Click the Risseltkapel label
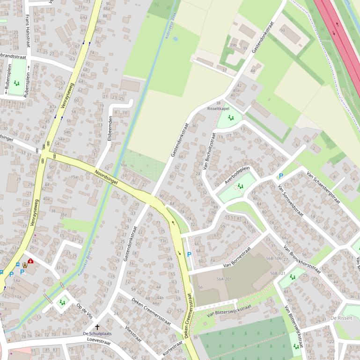218,108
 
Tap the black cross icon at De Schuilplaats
97,327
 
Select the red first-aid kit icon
30,261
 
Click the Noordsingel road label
106,178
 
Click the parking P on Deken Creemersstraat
189,254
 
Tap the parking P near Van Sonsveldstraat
281,176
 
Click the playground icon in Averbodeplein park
240,187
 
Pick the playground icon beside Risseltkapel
231,118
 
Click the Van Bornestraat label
237,259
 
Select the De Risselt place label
341,318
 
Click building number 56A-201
224,279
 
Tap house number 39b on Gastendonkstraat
233,45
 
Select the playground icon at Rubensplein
17,83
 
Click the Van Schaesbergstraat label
323,187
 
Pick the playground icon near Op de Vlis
62,302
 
